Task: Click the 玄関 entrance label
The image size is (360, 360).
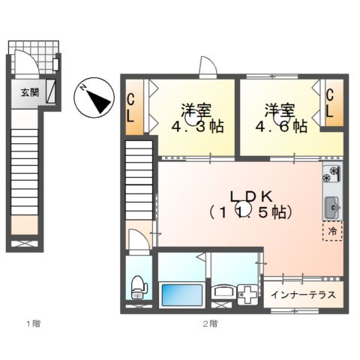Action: tap(29, 93)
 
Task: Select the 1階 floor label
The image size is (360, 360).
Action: tap(31, 324)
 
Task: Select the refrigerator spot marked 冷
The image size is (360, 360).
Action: tap(331, 231)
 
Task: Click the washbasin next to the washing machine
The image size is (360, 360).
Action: tap(223, 292)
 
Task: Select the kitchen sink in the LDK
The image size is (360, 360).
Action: tap(331, 203)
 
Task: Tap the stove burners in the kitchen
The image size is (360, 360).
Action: tap(330, 176)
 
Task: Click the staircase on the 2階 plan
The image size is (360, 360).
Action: tap(139, 187)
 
